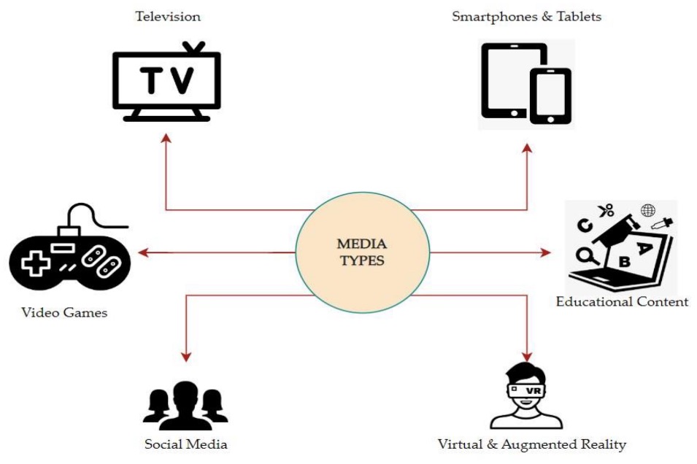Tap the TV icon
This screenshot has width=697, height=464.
[x=166, y=82]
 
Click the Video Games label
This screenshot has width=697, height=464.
[x=64, y=313]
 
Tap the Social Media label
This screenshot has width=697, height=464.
[x=186, y=444]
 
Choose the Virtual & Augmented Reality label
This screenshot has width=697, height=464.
[x=531, y=444]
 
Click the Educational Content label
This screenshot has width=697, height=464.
[x=622, y=301]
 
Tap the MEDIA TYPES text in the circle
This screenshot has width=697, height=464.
[x=361, y=252]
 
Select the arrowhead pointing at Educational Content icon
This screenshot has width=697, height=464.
[x=546, y=253]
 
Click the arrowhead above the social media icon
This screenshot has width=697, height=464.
[x=186, y=357]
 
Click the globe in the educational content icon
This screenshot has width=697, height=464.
[x=647, y=211]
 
